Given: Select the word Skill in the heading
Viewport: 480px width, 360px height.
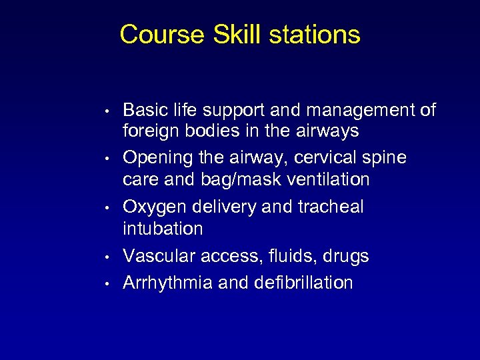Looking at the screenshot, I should click(237, 35).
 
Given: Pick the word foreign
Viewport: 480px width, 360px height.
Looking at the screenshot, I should click(151, 131).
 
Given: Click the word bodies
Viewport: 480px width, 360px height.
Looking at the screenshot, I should click(213, 131).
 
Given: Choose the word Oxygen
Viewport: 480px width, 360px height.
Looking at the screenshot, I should click(155, 207).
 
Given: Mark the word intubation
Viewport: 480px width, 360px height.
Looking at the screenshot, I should click(164, 229).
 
